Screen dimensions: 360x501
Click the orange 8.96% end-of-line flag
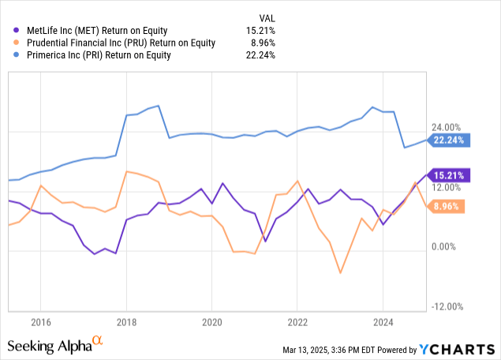click(448, 207)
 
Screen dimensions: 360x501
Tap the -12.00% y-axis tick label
click(447, 307)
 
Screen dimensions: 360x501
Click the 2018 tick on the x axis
click(126, 322)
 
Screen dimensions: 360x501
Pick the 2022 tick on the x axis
click(297, 322)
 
